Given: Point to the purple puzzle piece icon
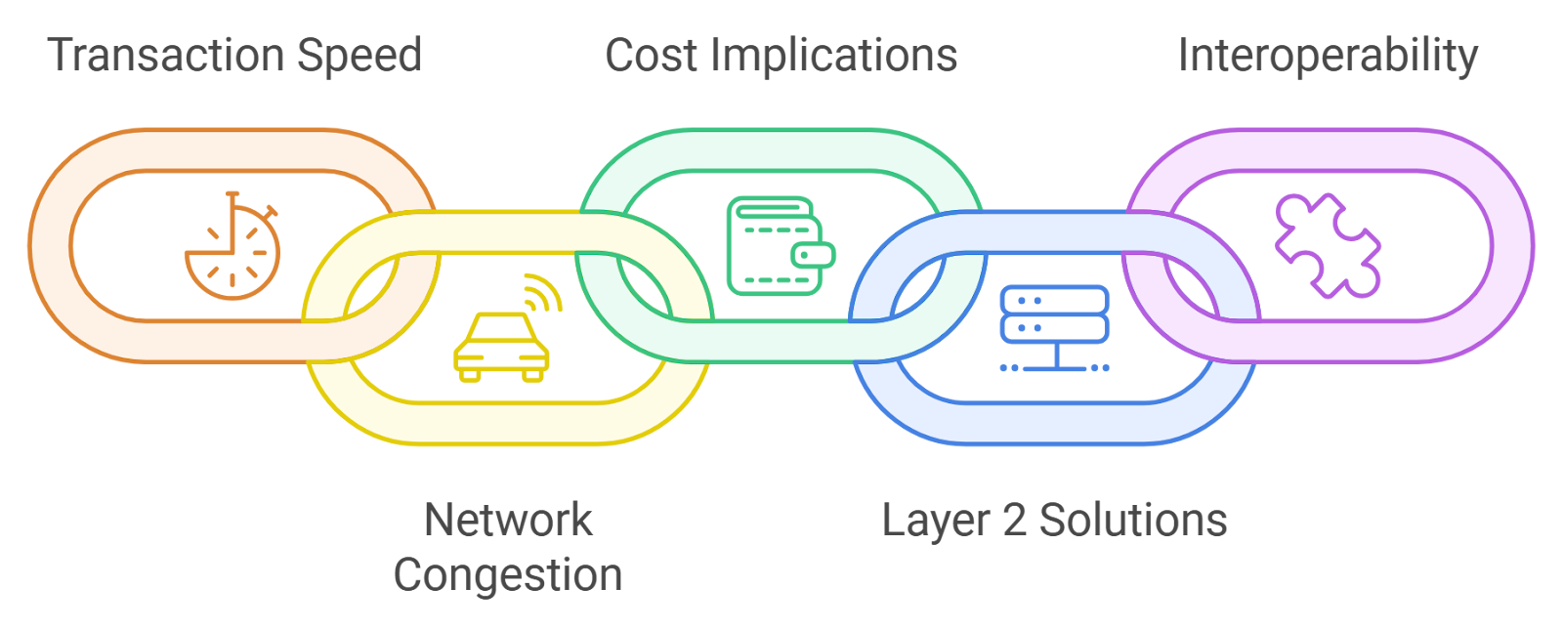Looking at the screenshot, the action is pyautogui.click(x=1328, y=244).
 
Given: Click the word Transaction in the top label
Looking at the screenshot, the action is pyautogui.click(x=166, y=55).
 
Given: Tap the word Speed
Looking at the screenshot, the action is pyautogui.click(x=359, y=57).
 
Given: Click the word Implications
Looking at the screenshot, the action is pyautogui.click(x=834, y=57).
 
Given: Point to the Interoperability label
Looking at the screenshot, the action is pyautogui.click(x=1328, y=57).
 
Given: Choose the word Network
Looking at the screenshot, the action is pyautogui.click(x=508, y=520).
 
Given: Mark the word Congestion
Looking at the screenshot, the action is pyautogui.click(x=508, y=575).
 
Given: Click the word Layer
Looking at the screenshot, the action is pyautogui.click(x=935, y=522).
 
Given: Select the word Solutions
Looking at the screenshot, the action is pyautogui.click(x=1133, y=521).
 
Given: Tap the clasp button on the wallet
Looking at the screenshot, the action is pyautogui.click(x=813, y=256).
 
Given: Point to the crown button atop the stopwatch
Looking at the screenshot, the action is pyautogui.click(x=232, y=196).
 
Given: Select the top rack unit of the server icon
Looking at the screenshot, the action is pyautogui.click(x=1055, y=300).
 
